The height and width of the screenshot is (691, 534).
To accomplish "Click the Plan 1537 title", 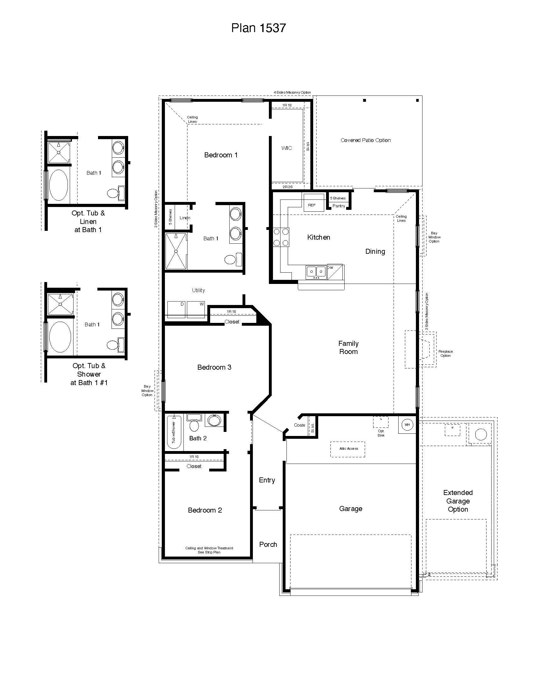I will tap(259, 28).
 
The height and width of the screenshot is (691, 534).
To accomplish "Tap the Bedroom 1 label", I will tap(221, 155).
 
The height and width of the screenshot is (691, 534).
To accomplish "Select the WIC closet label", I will tap(286, 148).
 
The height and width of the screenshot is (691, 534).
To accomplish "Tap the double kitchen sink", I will tap(316, 272).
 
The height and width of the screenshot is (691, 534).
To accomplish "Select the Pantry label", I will tap(339, 206).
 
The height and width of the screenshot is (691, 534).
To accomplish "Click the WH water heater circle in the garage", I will tap(407, 425).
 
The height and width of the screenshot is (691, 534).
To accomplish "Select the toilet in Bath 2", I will tap(194, 425).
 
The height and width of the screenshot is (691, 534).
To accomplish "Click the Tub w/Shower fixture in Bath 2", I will tap(174, 432).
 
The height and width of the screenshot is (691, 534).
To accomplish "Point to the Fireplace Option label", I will tap(445, 353).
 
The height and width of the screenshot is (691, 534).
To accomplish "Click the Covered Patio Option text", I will tap(365, 140).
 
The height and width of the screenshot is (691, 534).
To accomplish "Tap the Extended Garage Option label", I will tap(458, 501).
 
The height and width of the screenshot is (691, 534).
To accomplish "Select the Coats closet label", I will tap(299, 425).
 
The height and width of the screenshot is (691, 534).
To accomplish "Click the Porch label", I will tap(268, 545).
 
